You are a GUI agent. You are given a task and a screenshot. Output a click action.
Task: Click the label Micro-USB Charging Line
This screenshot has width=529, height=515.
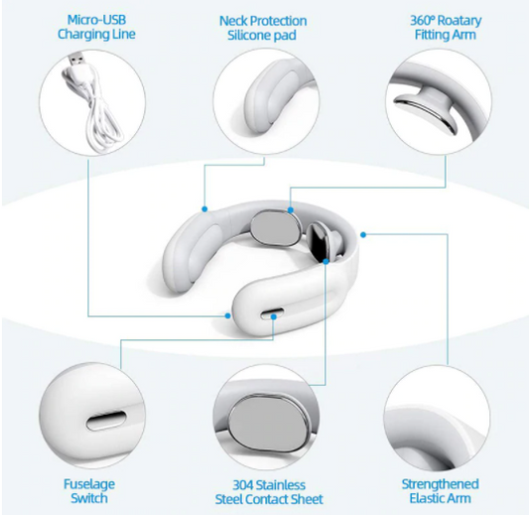96,27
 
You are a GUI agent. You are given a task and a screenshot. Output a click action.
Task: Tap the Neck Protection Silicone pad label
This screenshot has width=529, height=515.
263,28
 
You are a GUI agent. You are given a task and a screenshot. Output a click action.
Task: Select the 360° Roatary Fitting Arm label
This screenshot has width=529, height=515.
446,28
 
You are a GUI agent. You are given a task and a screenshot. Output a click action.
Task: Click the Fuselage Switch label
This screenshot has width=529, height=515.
89,491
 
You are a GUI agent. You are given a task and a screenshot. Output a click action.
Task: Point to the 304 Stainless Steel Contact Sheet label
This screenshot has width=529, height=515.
269,492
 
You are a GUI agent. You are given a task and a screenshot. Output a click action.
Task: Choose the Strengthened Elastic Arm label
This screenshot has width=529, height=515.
440,491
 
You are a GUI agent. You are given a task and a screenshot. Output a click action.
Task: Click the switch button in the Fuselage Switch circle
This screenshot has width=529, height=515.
106,421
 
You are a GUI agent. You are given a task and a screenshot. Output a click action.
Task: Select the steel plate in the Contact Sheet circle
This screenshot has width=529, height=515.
269,423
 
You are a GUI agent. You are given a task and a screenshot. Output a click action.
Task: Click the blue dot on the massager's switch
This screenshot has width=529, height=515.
274,317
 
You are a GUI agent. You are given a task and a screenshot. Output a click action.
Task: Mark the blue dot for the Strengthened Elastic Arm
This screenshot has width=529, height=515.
363,235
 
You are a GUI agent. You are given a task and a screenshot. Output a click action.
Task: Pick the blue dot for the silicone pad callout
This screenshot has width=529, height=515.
204,209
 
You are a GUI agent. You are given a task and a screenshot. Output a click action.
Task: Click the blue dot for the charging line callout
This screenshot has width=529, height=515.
227,316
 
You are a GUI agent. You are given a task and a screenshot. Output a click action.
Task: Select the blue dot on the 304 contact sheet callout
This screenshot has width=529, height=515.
326,261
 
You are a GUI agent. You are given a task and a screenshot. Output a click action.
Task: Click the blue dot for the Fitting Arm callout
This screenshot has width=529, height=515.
290,210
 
